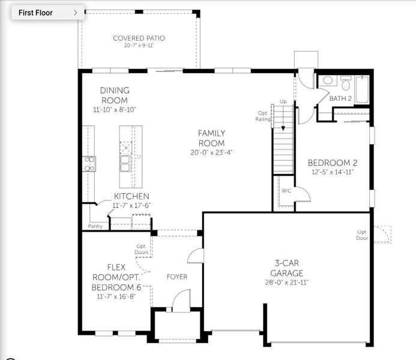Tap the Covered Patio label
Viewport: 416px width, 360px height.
139,38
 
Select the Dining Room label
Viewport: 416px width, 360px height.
114,95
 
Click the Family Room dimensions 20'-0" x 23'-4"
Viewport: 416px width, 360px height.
211,152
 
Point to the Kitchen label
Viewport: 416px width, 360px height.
131,196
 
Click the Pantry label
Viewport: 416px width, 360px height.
95,226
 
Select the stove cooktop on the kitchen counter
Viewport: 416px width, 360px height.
89,164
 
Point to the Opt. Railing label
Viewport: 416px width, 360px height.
264,116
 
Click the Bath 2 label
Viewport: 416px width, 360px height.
340,98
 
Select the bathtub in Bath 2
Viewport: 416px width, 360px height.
363,89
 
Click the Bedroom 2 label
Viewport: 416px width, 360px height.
333,163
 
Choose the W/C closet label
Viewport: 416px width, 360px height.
286,191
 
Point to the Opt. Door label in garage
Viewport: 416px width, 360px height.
362,235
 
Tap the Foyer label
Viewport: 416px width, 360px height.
177,277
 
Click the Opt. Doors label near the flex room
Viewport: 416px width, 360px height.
142,249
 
